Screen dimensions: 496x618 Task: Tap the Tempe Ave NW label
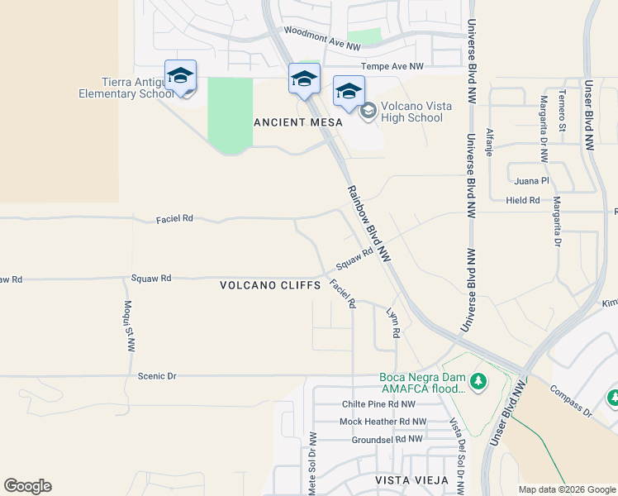point(392,66)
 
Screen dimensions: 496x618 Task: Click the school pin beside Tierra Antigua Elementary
point(180,76)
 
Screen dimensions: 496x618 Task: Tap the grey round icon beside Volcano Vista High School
point(368,108)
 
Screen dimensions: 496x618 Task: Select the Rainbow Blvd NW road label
point(367,224)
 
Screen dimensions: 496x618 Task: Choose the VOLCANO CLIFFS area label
point(270,285)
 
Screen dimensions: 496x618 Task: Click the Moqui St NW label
point(130,326)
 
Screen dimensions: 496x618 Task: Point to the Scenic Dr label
point(157,375)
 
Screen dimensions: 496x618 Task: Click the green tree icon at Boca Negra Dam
point(477,382)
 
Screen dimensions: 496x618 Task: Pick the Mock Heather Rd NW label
point(383,422)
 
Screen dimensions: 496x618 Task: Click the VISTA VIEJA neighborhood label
point(411,480)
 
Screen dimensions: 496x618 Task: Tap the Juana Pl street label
point(531,181)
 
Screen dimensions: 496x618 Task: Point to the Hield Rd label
point(523,200)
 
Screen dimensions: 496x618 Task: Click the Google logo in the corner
point(27,486)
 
